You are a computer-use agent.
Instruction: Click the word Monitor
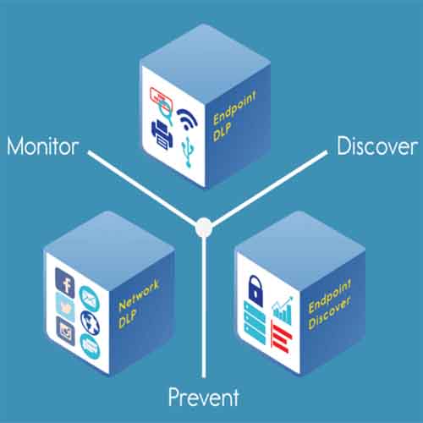tap(43, 146)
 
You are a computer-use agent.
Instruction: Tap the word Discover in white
tap(377, 146)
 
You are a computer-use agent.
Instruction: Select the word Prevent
tap(204, 397)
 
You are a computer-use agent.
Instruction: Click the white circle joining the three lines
tap(204, 228)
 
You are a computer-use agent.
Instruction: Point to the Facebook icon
tap(65, 283)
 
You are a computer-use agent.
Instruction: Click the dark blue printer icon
tap(162, 135)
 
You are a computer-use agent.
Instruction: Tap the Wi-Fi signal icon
tap(187, 118)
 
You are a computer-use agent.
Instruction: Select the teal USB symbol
tap(188, 151)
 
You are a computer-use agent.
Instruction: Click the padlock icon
tap(255, 290)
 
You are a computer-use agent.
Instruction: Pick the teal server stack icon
tap(255, 322)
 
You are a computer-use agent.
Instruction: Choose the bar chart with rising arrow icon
tap(283, 310)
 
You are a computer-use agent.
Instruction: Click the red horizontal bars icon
tap(281, 336)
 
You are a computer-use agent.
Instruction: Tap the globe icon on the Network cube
tap(90, 322)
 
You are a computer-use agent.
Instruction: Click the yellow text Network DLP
tap(138, 304)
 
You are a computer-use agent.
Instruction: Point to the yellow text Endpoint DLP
tap(234, 116)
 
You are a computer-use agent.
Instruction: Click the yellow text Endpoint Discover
tap(330, 304)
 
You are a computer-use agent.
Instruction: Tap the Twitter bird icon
tap(65, 307)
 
